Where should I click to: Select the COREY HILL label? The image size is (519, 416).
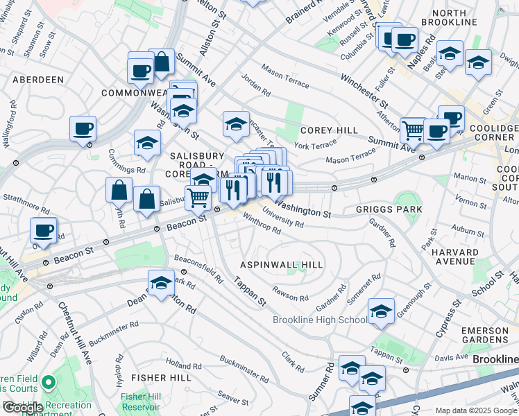pos(329,130)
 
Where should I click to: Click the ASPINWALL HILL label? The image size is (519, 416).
pos(281,266)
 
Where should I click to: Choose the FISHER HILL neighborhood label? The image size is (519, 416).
pos(161,378)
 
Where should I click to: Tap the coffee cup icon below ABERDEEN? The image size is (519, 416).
pos(83,128)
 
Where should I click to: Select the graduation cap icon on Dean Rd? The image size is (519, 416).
pos(161,284)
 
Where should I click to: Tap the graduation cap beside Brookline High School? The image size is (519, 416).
pos(381,312)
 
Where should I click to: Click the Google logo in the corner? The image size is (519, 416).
pos(23,408)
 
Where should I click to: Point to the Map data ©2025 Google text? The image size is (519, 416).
pos(475,410)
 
